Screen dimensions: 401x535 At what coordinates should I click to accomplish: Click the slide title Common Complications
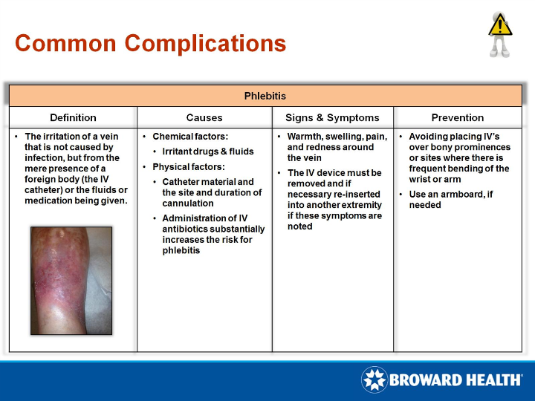click(150, 43)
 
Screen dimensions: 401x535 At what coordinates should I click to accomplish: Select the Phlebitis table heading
click(265, 96)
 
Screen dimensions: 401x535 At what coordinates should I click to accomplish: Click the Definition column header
click(73, 117)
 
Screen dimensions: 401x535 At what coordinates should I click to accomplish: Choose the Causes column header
click(204, 117)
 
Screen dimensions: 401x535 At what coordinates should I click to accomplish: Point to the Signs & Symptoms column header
click(332, 117)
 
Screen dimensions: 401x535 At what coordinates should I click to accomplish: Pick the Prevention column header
click(457, 117)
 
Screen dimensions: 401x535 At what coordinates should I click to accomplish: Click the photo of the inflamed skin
click(71, 280)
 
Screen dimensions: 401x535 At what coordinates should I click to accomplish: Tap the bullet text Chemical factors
click(190, 137)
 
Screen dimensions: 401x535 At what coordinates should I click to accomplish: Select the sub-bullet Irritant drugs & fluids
click(208, 151)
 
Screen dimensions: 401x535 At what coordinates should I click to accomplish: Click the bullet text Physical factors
click(188, 167)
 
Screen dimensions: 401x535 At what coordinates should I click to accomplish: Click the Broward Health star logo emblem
click(374, 379)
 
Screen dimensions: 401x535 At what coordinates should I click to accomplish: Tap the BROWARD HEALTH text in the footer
click(455, 380)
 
